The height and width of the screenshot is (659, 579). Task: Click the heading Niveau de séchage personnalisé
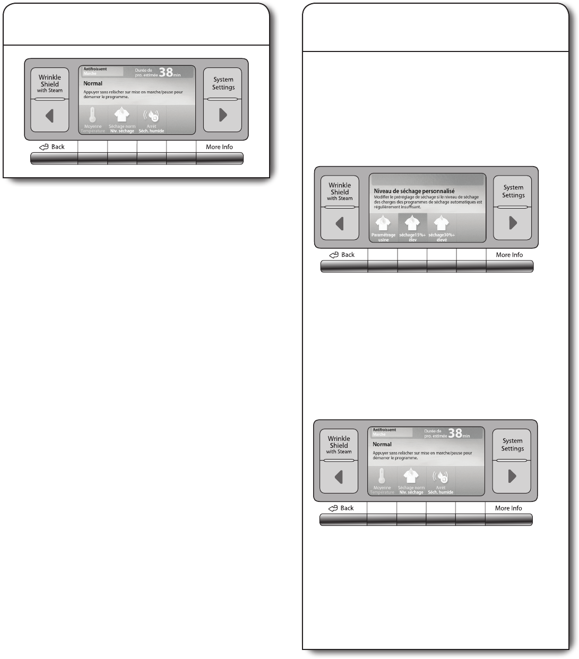tap(414, 191)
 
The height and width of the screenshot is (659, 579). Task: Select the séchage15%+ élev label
tap(412, 237)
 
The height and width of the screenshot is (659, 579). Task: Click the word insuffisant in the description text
tap(409, 207)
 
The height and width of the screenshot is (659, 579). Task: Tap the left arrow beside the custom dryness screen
tap(340, 223)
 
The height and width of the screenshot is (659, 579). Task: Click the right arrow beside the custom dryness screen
tap(513, 223)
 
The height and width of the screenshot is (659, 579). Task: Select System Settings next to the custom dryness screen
tap(513, 191)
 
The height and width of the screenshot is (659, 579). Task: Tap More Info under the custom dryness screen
tap(509, 255)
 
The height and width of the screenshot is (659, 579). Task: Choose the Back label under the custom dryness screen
tap(348, 255)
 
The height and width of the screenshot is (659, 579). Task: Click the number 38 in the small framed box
tap(166, 72)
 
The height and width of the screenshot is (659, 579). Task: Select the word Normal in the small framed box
tap(93, 83)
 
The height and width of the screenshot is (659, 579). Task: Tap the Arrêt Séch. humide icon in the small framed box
tap(151, 115)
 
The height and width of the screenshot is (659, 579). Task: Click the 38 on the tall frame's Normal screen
tap(455, 433)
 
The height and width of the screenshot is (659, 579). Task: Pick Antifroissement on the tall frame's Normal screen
tap(384, 430)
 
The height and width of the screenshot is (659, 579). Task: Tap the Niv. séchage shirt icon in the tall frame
tap(411, 476)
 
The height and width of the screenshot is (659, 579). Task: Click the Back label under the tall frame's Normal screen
tap(347, 508)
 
